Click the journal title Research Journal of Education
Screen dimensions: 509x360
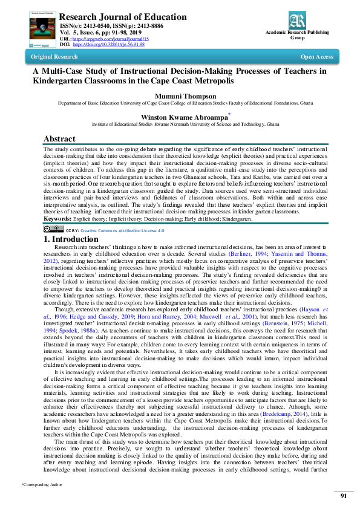[123, 17]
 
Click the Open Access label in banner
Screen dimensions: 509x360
[316, 57]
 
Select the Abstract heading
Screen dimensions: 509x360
[60, 138]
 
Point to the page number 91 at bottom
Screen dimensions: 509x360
[342, 495]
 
